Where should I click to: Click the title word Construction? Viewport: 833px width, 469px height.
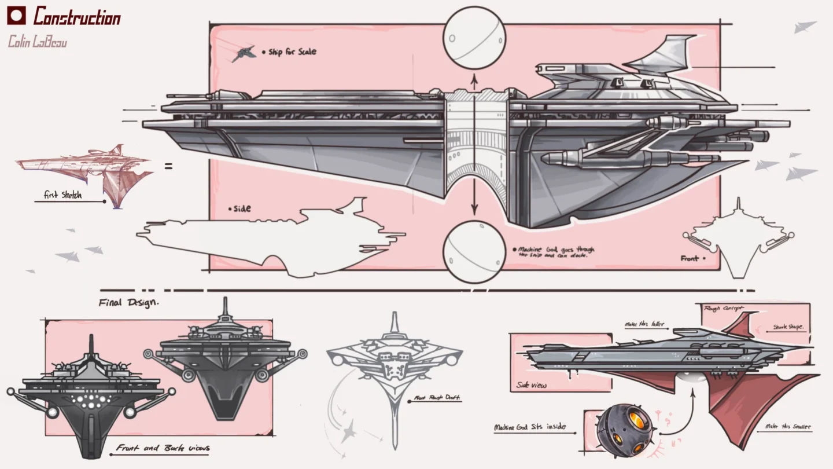(x=77, y=17)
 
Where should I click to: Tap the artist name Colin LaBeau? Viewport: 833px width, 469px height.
(x=38, y=42)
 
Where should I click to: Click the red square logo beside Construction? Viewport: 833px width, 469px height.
(x=17, y=16)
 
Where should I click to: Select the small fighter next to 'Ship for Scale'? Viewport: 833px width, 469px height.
(x=244, y=53)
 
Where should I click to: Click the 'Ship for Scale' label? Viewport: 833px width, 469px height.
(x=292, y=52)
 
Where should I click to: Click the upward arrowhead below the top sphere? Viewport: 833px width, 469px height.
(x=474, y=78)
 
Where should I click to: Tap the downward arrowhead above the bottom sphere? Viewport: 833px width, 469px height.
(x=474, y=210)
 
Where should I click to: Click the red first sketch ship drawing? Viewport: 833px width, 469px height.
(x=87, y=171)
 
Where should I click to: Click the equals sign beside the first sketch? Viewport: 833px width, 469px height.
(x=168, y=167)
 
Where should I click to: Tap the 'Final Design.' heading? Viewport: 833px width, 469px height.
(x=128, y=302)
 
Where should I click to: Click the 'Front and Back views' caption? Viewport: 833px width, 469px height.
(x=163, y=448)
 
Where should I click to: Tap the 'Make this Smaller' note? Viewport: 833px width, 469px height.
(x=787, y=427)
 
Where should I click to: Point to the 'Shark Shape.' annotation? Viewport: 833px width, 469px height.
(x=788, y=328)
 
